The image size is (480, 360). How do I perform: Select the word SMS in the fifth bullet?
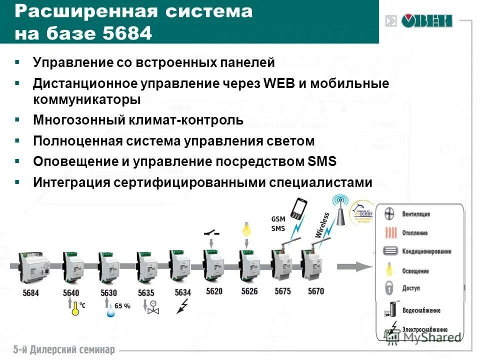coord(320,162)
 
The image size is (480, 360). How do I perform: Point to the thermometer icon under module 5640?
coord(75,308)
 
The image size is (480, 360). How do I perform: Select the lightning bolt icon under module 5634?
coord(183,305)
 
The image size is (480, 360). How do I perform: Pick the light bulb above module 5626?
coord(247,229)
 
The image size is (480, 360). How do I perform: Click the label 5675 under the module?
coord(282,292)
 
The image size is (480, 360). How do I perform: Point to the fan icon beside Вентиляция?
coord(390,214)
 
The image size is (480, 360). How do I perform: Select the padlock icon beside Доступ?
coord(390,288)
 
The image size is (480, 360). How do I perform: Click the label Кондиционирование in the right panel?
coord(426,251)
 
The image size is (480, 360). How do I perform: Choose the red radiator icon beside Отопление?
coord(390,232)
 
